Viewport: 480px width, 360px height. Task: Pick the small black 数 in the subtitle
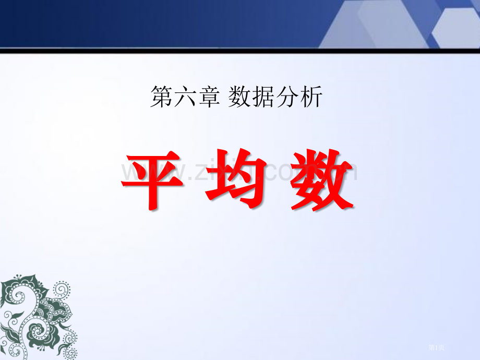click(x=239, y=98)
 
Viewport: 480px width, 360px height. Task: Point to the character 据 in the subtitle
click(x=262, y=98)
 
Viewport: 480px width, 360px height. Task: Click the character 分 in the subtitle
click(x=286, y=98)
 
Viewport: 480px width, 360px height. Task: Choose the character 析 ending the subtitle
click(x=311, y=98)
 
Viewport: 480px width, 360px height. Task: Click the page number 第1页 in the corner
click(x=436, y=346)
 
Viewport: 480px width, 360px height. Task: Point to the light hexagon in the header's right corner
click(x=458, y=26)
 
